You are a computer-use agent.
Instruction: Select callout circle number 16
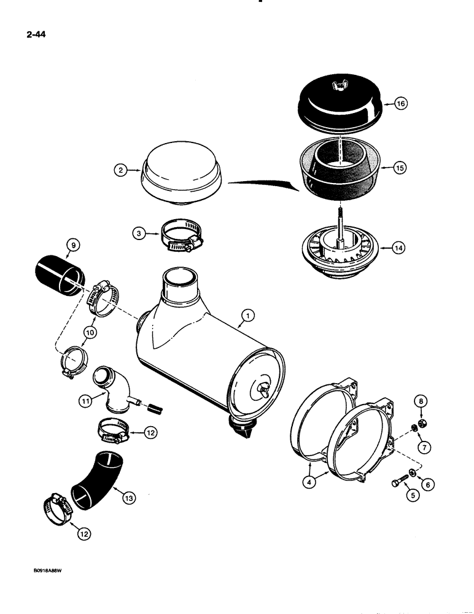pyautogui.click(x=400, y=104)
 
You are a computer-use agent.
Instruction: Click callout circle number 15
pyautogui.click(x=400, y=168)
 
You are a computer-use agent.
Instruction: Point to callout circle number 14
pyautogui.click(x=400, y=249)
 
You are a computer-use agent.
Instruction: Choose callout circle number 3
pyautogui.click(x=140, y=233)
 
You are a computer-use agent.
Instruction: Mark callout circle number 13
pyautogui.click(x=128, y=480)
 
